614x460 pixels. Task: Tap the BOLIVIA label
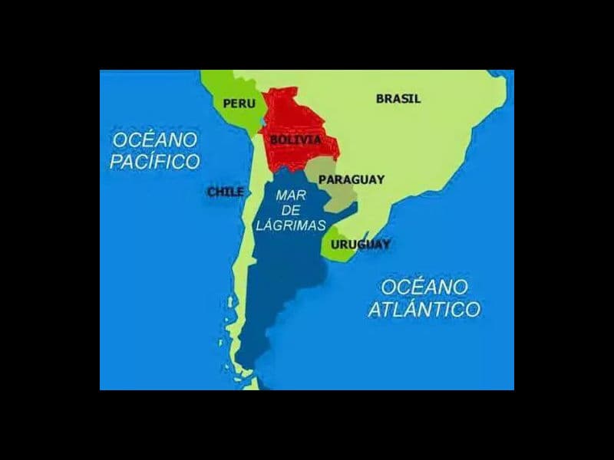pos(295,140)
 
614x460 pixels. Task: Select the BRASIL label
pos(398,98)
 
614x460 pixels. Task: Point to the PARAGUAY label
pos(352,179)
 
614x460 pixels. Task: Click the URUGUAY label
pos(361,245)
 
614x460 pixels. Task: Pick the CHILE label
pos(226,192)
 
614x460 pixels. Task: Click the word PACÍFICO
pos(155,162)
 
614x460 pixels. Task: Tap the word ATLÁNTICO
pos(424,310)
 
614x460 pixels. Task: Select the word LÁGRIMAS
pos(291,225)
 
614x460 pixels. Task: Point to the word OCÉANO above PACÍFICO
pos(155,140)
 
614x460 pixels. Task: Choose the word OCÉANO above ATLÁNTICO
pos(424,287)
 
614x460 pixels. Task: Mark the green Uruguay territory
pos(338,250)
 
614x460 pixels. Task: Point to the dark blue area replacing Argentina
pos(280,284)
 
